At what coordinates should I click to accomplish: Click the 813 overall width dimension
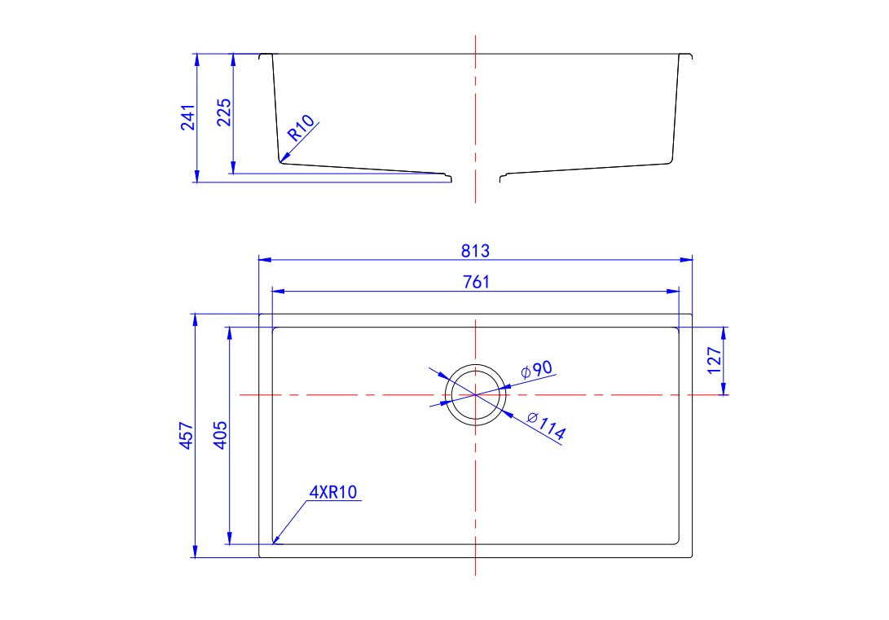[x=475, y=250]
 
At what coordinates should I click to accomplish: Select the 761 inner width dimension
[x=475, y=281]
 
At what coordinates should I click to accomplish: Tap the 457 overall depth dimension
[x=187, y=436]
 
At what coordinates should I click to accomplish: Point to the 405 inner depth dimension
[x=221, y=436]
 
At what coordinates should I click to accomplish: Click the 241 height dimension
[x=187, y=118]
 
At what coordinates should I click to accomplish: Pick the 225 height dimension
[x=224, y=113]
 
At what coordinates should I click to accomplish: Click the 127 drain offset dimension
[x=714, y=360]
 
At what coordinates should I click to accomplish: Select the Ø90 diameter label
[x=537, y=369]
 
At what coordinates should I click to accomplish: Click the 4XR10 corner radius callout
[x=334, y=492]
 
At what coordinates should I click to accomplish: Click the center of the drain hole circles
[x=475, y=394]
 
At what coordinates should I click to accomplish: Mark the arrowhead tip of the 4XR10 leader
[x=273, y=543]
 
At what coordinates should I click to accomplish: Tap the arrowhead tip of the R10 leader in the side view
[x=281, y=160]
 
